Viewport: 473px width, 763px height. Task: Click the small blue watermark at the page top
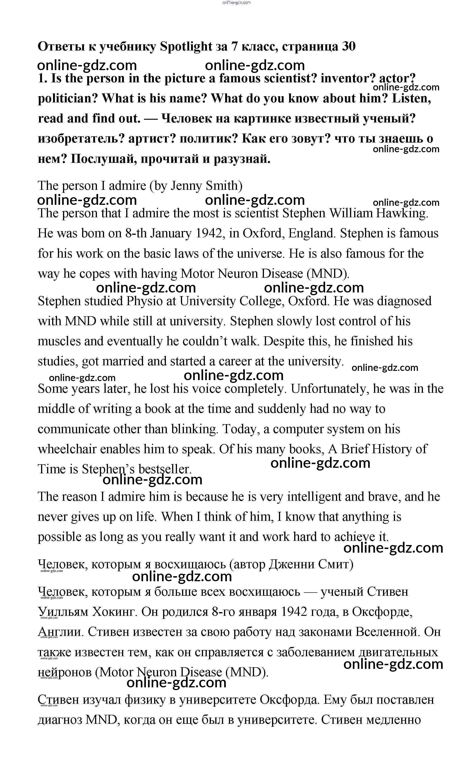[236, 3]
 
